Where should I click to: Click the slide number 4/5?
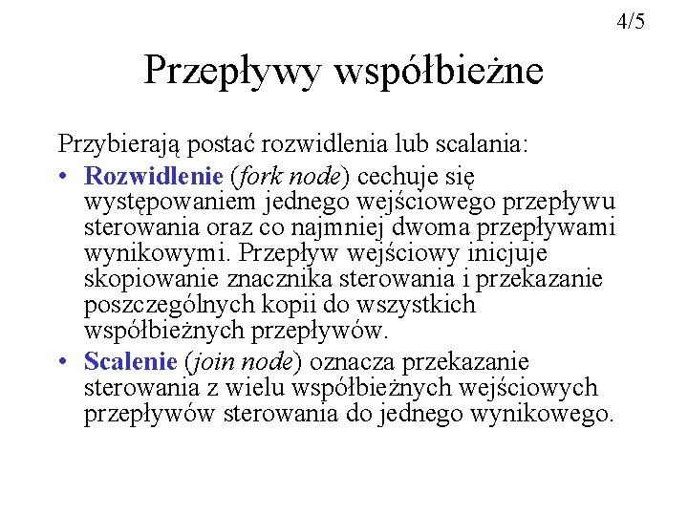tap(632, 20)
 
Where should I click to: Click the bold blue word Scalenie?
tap(131, 362)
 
